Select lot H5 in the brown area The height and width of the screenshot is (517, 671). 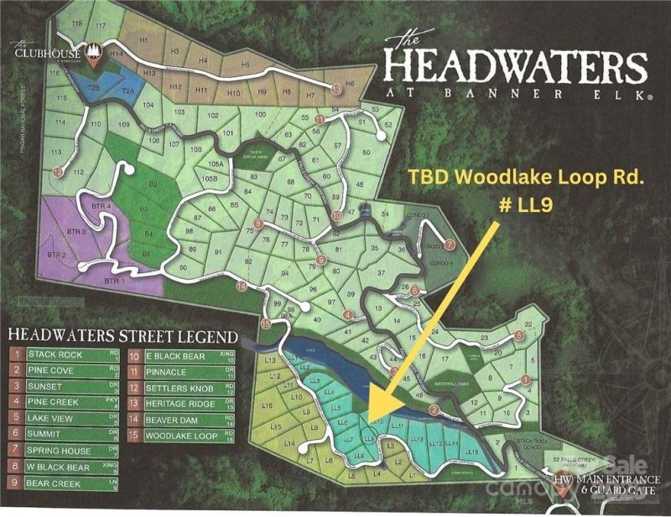click(x=246, y=65)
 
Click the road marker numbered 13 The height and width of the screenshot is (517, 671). click(x=336, y=87)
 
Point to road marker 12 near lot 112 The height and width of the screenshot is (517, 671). click(x=58, y=172)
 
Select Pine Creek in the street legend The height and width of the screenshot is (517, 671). click(x=53, y=402)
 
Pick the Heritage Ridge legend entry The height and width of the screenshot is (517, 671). click(x=178, y=403)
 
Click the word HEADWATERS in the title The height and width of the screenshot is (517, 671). click(x=515, y=65)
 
